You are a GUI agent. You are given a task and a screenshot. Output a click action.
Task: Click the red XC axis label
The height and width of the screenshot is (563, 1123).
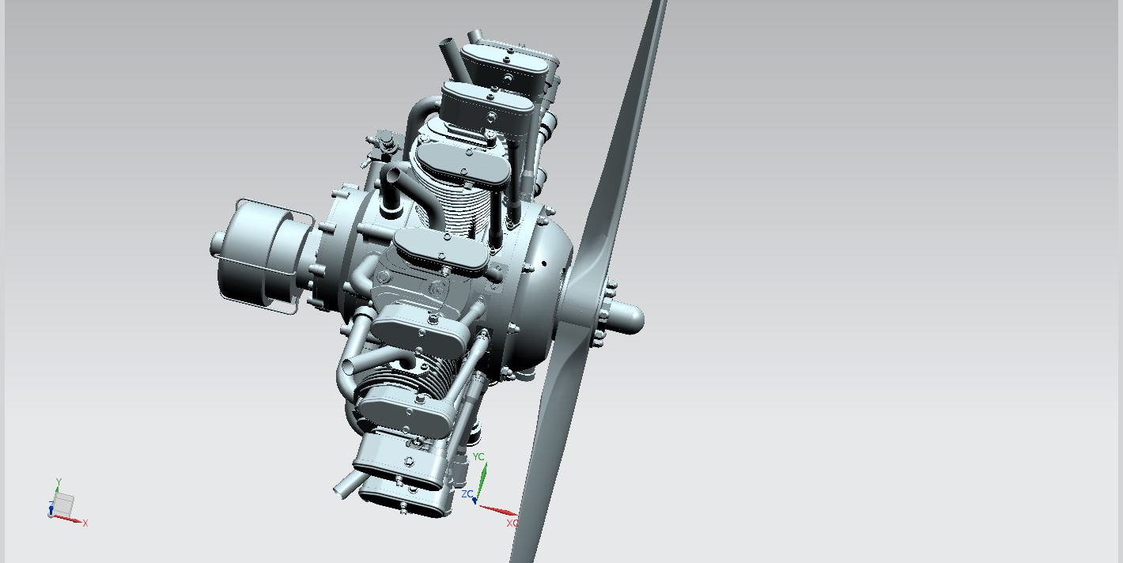coord(512,523)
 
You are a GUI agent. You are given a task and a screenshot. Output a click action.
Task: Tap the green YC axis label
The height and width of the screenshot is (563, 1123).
coord(478,457)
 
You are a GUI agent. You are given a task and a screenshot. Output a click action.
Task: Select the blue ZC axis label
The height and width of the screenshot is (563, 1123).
coord(467,494)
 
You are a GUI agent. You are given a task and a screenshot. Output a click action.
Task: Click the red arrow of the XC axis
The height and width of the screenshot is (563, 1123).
coord(497,510)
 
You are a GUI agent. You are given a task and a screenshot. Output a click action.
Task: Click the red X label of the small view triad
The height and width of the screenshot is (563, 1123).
coord(85,523)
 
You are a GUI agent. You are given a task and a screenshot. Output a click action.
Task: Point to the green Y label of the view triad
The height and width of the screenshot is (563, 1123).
coord(59,482)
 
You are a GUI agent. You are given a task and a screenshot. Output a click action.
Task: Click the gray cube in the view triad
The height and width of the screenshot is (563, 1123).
coord(63,504)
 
